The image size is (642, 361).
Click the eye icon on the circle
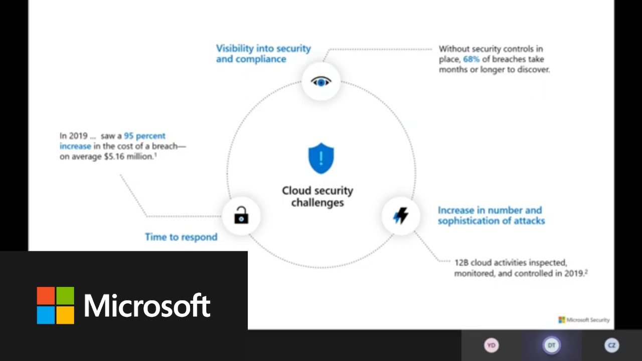pyautogui.click(x=321, y=81)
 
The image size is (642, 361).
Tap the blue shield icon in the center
pyautogui.click(x=321, y=158)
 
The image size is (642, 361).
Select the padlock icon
pyautogui.click(x=241, y=216)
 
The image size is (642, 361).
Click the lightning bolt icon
pyautogui.click(x=400, y=216)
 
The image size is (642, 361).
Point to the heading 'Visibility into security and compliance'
pyautogui.click(x=263, y=54)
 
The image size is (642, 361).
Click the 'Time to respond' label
pyautogui.click(x=181, y=237)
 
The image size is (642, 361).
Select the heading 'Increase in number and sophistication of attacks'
pyautogui.click(x=491, y=216)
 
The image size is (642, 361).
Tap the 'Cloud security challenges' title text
pyautogui.click(x=317, y=197)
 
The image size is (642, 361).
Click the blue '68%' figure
pyautogui.click(x=471, y=59)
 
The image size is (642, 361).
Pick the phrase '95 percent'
pyautogui.click(x=144, y=136)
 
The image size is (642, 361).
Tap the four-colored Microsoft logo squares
pyautogui.click(x=56, y=305)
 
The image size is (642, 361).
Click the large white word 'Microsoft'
pyautogui.click(x=147, y=305)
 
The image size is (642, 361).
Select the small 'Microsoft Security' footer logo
pyautogui.click(x=584, y=319)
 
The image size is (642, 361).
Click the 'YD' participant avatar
pyautogui.click(x=491, y=345)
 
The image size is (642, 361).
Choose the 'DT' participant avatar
pyautogui.click(x=551, y=345)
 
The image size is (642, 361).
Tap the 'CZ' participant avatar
pyautogui.click(x=611, y=345)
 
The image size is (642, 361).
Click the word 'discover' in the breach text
pyautogui.click(x=534, y=70)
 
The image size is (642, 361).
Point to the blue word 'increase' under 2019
pyautogui.click(x=75, y=146)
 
